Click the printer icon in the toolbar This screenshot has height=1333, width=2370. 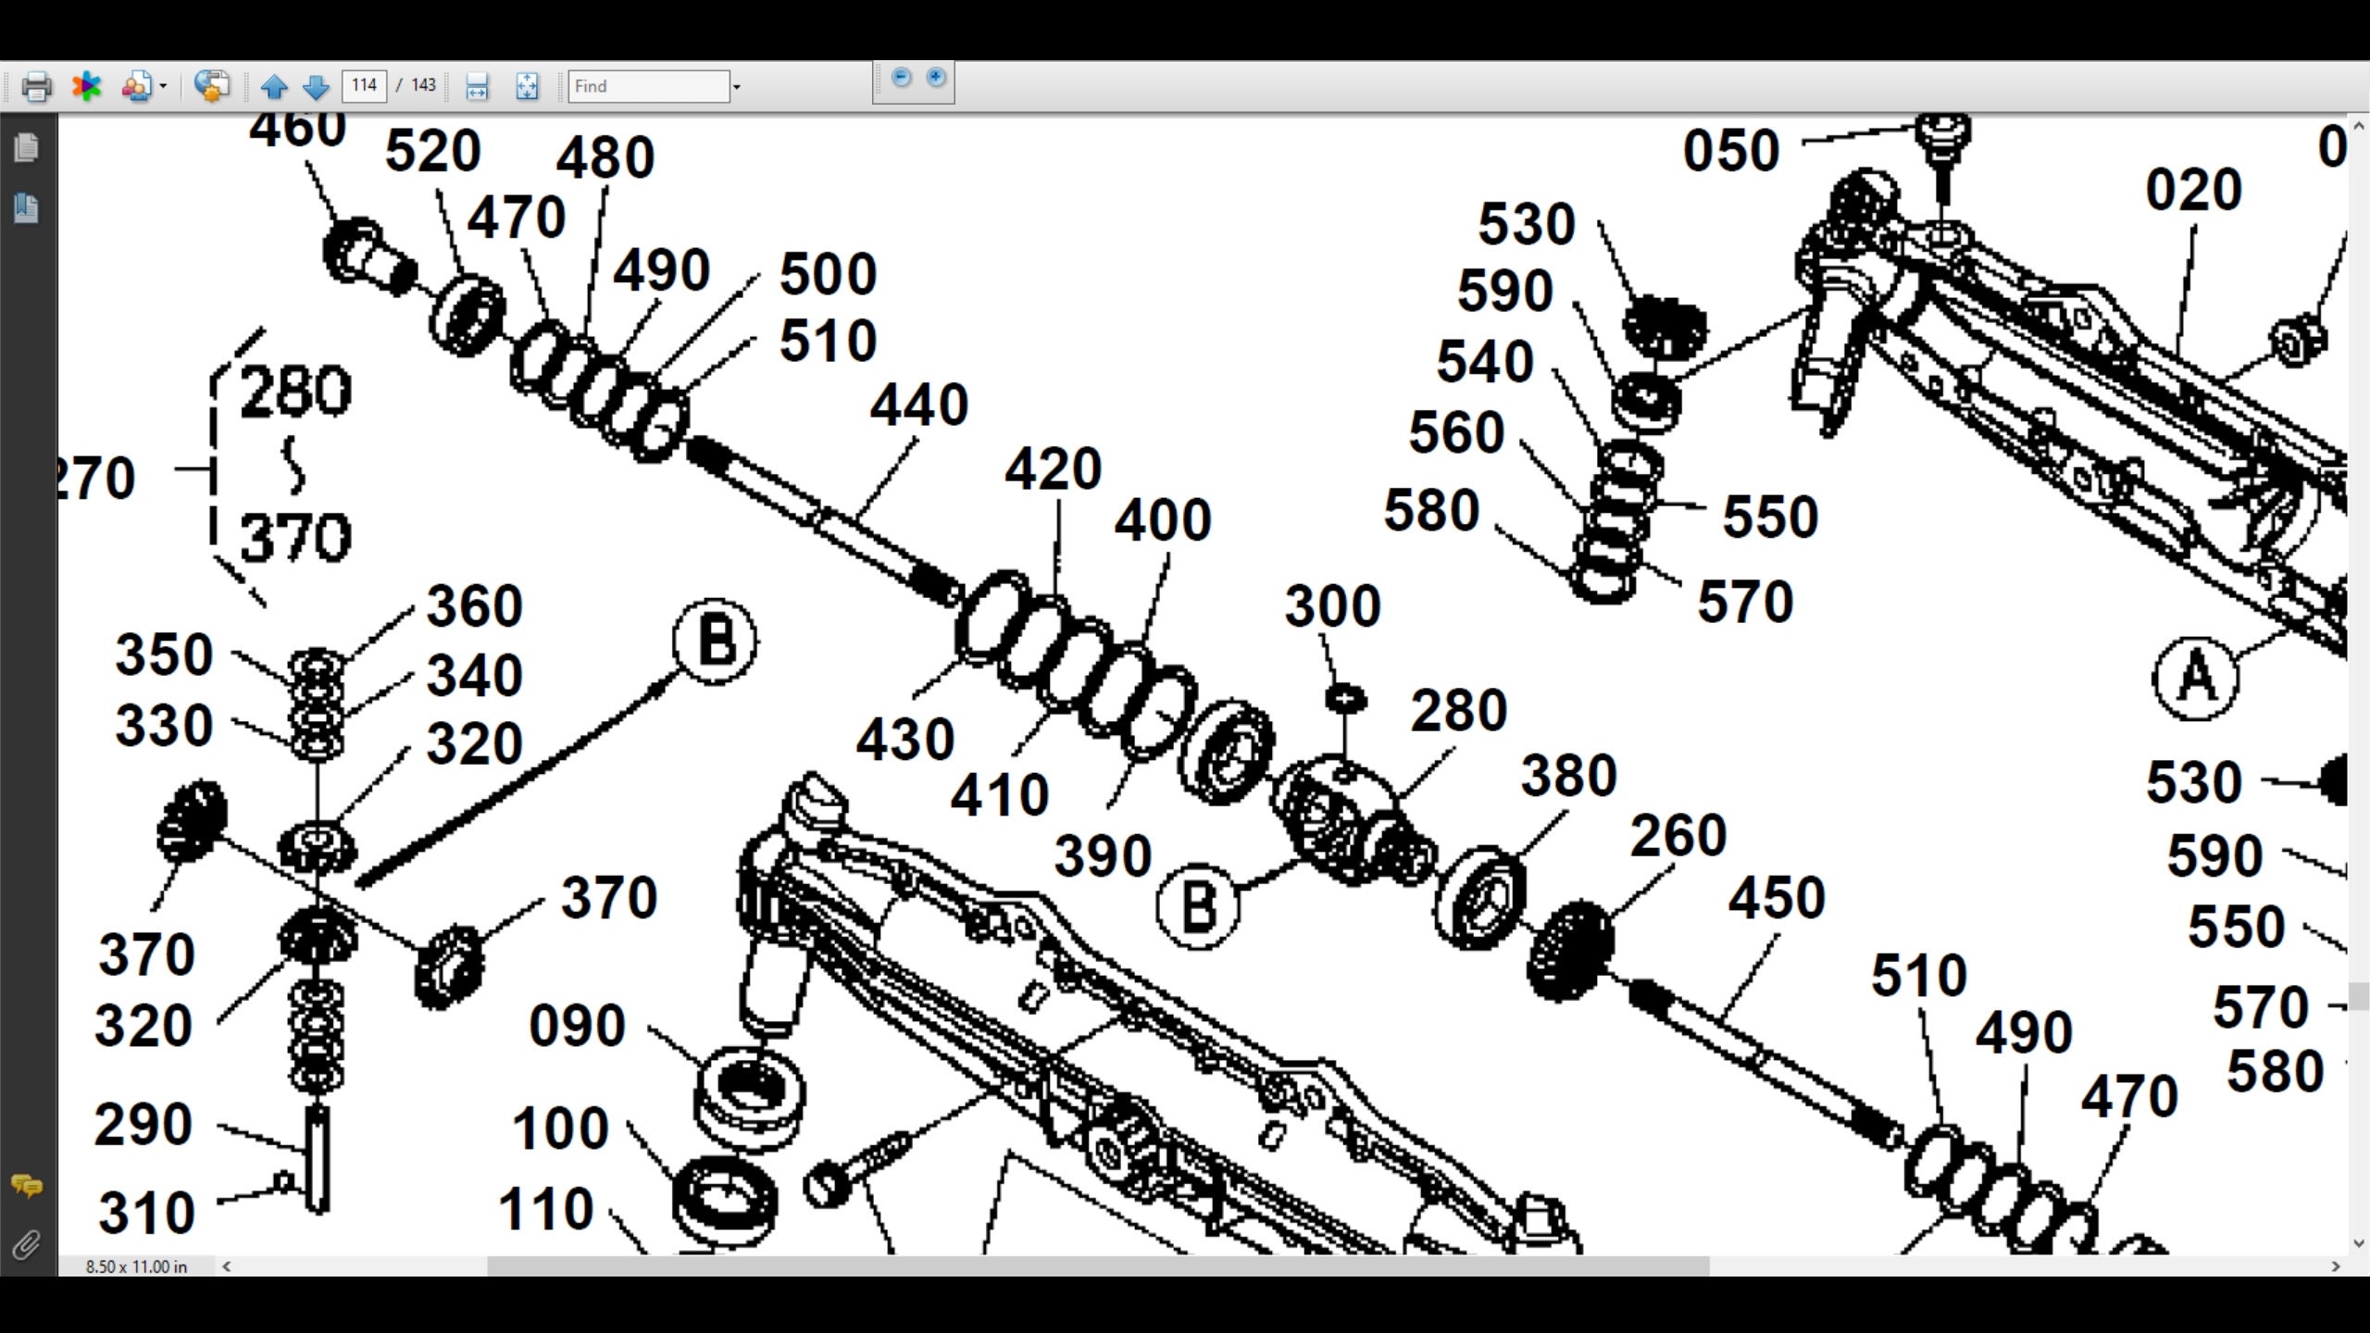(36, 87)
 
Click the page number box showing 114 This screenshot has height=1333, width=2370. (364, 86)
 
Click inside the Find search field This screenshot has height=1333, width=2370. (648, 86)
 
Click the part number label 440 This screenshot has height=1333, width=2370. (918, 405)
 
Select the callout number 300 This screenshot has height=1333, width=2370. (1332, 607)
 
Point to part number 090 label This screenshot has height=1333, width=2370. (577, 1026)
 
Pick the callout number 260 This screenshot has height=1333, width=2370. (1678, 836)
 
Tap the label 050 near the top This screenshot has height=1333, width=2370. (1730, 151)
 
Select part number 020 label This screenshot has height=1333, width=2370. (2193, 191)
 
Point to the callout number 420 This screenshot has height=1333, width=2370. (1053, 469)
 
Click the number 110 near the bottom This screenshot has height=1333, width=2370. (545, 1210)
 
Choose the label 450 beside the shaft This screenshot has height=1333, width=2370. (1776, 898)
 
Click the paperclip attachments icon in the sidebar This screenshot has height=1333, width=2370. (26, 1245)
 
